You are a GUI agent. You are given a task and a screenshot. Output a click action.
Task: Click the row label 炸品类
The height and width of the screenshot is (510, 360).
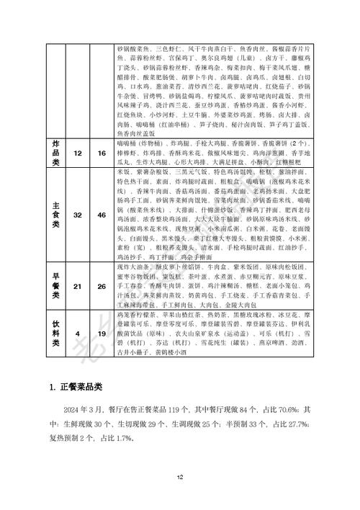[52, 133]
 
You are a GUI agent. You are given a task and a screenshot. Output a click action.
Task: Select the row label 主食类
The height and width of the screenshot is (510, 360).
[52, 215]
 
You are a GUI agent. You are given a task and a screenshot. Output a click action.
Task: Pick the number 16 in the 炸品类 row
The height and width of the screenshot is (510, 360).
[102, 134]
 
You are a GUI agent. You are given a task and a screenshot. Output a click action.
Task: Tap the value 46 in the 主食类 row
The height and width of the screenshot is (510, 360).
[102, 215]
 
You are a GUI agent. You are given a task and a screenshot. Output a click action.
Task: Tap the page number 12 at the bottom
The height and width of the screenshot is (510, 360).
[180, 477]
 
